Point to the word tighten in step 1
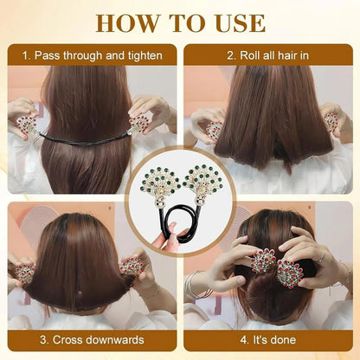coord(140,55)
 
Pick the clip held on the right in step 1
coord(138,124)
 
